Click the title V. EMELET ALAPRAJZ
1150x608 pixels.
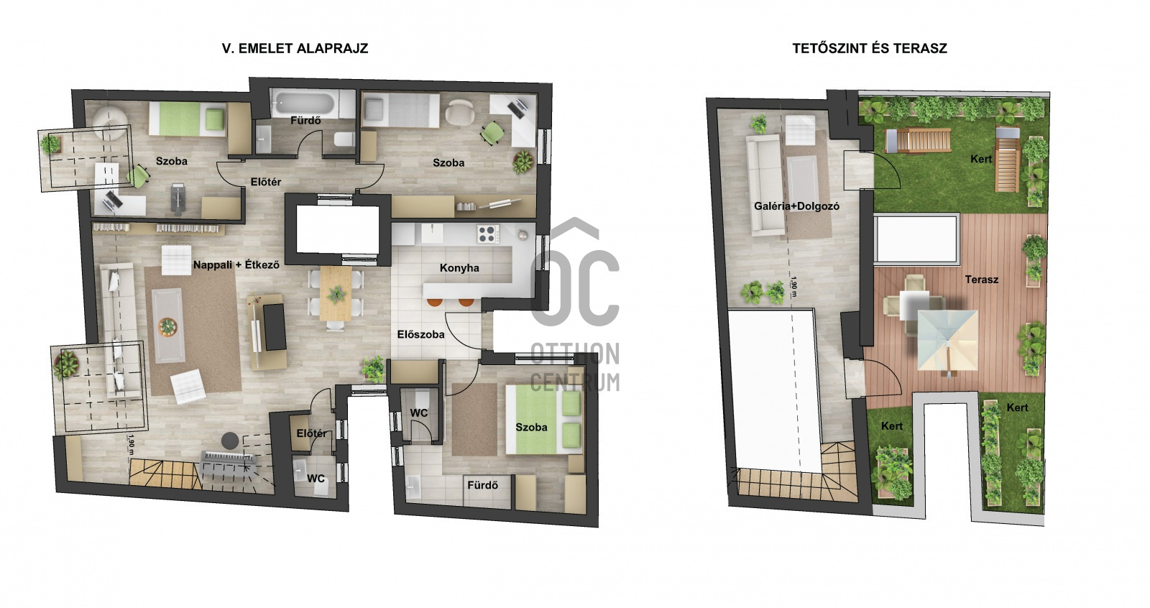(295, 48)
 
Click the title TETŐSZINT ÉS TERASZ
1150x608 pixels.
(870, 48)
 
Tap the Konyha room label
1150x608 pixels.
(459, 268)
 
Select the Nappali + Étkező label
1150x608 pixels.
(236, 265)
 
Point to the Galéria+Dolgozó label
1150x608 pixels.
(797, 206)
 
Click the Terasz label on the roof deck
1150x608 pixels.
(982, 280)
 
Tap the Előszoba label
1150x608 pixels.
(421, 335)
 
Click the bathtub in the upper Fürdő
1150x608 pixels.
(303, 104)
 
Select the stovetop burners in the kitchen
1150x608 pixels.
(488, 234)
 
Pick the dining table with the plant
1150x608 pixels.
(336, 293)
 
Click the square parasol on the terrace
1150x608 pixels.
(947, 340)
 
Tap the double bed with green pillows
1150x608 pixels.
(544, 419)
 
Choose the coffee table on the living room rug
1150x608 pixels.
(168, 325)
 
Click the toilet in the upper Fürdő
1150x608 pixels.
(344, 139)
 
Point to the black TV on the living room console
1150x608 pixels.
(275, 327)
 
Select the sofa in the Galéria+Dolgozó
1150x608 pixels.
(765, 185)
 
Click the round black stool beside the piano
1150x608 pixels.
(230, 440)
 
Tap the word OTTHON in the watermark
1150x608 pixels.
(574, 354)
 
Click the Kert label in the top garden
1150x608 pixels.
(981, 160)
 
